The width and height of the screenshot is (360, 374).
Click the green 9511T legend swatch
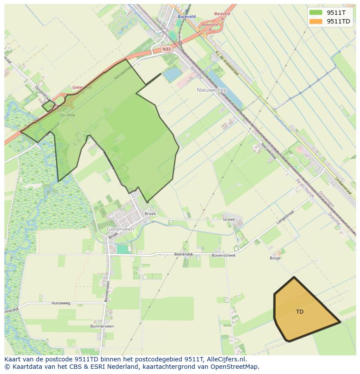point(316,13)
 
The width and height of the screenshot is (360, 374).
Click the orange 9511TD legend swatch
point(316,21)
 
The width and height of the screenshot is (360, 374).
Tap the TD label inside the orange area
point(300,311)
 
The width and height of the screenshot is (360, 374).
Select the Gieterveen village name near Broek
point(120,228)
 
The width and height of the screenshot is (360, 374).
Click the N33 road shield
point(166,50)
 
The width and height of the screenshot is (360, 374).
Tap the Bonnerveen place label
point(102,326)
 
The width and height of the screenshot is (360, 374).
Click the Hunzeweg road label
point(60,303)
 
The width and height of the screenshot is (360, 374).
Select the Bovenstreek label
point(223,255)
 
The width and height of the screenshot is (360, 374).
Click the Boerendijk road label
point(183,254)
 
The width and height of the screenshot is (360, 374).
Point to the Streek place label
point(229,219)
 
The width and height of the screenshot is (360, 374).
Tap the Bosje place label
point(275,258)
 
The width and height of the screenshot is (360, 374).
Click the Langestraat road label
point(285,218)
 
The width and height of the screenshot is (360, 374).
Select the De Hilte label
point(67,115)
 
